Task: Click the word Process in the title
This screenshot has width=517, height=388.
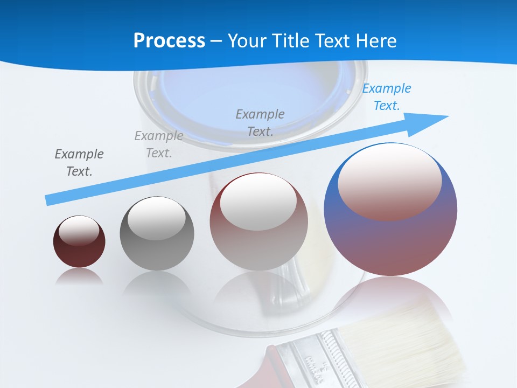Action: (169, 41)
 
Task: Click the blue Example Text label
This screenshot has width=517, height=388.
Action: (386, 97)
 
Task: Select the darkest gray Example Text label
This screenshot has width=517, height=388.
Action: (79, 162)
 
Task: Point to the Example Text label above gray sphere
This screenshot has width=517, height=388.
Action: (159, 144)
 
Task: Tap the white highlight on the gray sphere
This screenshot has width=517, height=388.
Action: (156, 218)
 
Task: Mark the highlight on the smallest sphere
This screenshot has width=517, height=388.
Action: (79, 230)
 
